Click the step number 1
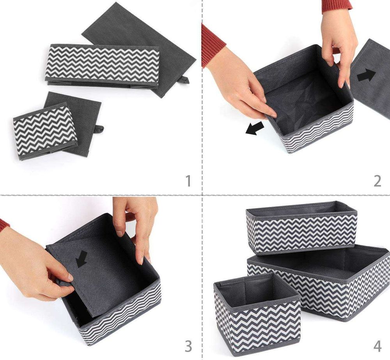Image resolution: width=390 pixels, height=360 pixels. tap(188, 181)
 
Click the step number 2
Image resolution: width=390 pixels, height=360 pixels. tap(377, 181)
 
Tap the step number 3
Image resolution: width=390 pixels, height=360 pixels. tap(188, 346)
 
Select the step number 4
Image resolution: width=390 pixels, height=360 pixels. tap(377, 346)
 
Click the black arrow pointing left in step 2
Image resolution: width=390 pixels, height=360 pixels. tap(255, 128)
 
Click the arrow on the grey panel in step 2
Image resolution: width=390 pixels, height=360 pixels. tap(366, 75)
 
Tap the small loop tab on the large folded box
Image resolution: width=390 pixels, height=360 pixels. tap(184, 80)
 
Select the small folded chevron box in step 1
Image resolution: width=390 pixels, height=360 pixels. tap(45, 131)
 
